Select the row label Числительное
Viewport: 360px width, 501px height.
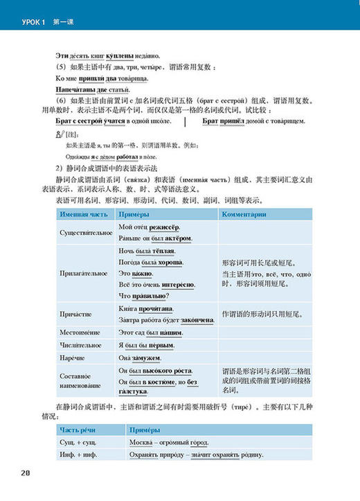coord(78,345)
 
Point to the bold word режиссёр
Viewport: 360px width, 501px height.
coord(165,227)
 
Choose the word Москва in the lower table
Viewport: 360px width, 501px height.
coord(141,442)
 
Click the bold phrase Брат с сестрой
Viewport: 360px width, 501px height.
coord(78,121)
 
